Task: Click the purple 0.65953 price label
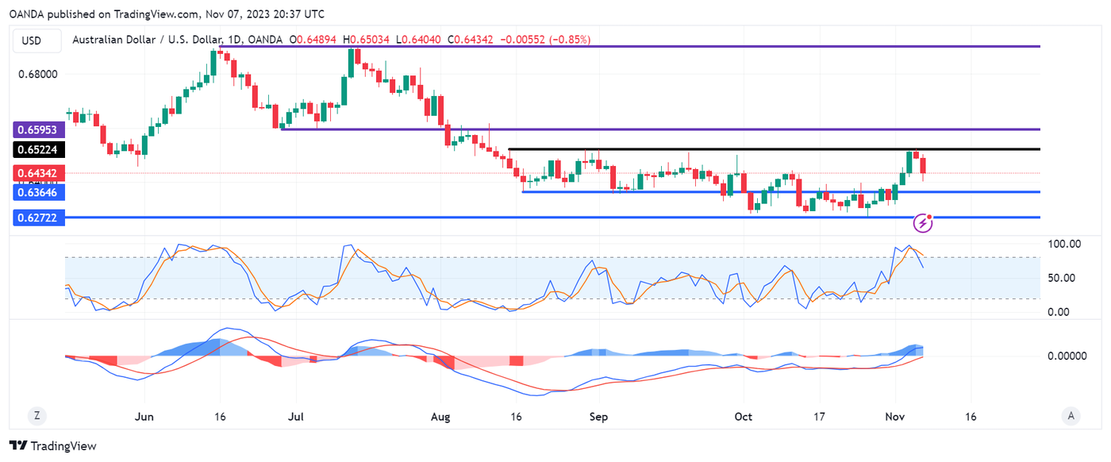click(x=38, y=129)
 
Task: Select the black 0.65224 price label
click(x=38, y=149)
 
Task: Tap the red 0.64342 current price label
click(x=38, y=173)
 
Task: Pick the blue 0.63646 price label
click(x=38, y=192)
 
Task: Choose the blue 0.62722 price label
click(x=38, y=218)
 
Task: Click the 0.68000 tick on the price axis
click(x=38, y=75)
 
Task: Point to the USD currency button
click(x=32, y=40)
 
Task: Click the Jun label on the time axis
click(x=144, y=416)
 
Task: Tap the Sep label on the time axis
click(x=599, y=416)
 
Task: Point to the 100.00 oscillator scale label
click(x=1063, y=244)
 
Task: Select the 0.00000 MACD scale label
click(x=1067, y=356)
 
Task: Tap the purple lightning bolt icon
click(x=923, y=223)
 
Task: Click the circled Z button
click(x=37, y=416)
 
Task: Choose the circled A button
click(x=1071, y=416)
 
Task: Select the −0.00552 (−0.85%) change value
click(x=546, y=40)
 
